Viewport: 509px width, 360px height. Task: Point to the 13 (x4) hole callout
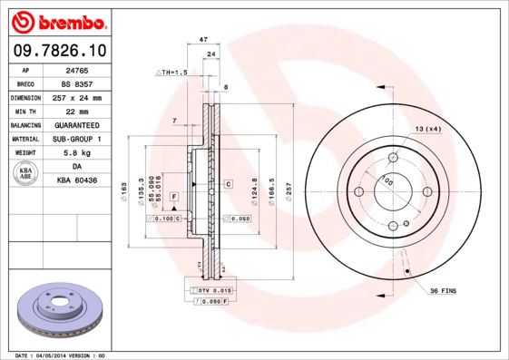coord(428,130)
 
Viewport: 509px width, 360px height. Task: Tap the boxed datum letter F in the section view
coord(172,197)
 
